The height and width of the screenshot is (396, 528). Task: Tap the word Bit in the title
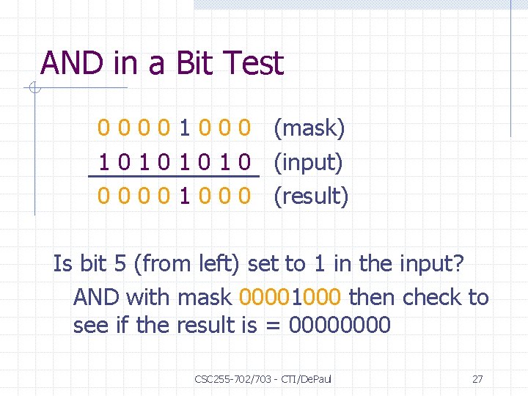coord(194,64)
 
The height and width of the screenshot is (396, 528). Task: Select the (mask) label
coord(309,129)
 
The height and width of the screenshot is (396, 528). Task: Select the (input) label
coord(308,162)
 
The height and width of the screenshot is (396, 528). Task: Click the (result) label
coord(311,196)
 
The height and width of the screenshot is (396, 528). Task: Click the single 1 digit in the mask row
coord(186,129)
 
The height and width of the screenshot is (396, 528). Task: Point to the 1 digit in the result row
coord(186,196)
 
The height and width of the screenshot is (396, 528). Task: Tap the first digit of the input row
coord(105,162)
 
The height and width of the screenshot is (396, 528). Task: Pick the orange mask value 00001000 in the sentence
coord(290,297)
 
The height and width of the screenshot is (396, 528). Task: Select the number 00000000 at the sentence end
coord(340,325)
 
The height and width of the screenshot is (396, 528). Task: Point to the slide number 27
coord(477,379)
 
